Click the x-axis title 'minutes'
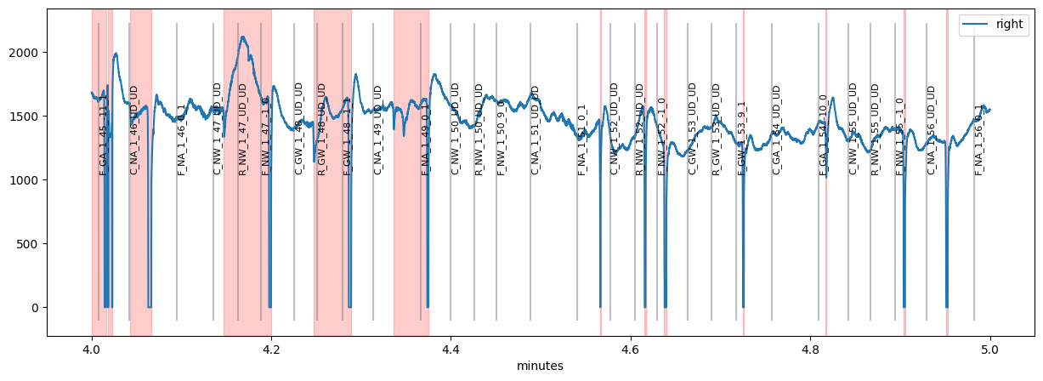541,366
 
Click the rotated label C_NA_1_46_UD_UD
133,130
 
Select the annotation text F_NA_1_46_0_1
181,139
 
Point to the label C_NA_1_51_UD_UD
536,130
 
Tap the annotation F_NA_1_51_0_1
582,139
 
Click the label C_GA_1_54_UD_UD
776,130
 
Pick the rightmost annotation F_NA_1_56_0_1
978,139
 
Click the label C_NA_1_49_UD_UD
378,130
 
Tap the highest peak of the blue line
243,37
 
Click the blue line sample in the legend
972,25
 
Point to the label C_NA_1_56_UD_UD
931,130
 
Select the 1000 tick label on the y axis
25,180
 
